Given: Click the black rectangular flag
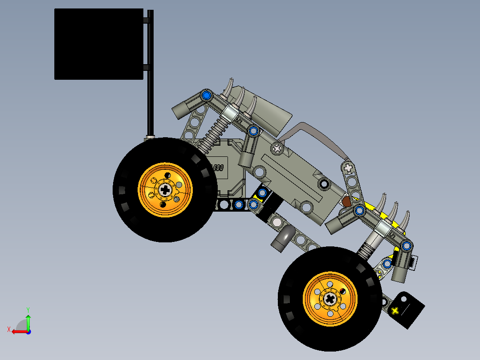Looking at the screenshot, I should [x=98, y=44].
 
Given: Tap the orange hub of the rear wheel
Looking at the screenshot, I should [x=165, y=189].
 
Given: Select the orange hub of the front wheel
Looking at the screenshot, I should [x=330, y=298].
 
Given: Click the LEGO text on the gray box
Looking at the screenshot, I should [x=217, y=168].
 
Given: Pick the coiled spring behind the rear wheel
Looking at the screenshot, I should [x=212, y=134].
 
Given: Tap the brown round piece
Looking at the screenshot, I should [x=346, y=202].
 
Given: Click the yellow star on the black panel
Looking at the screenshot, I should [x=395, y=311].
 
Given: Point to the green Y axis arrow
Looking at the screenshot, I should [x=28, y=320].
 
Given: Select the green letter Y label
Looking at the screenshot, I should [x=28, y=309].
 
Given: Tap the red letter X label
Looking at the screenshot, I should [x=8, y=329].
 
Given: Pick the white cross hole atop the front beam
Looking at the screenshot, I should [x=349, y=168].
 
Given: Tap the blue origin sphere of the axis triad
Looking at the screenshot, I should [x=28, y=331].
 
